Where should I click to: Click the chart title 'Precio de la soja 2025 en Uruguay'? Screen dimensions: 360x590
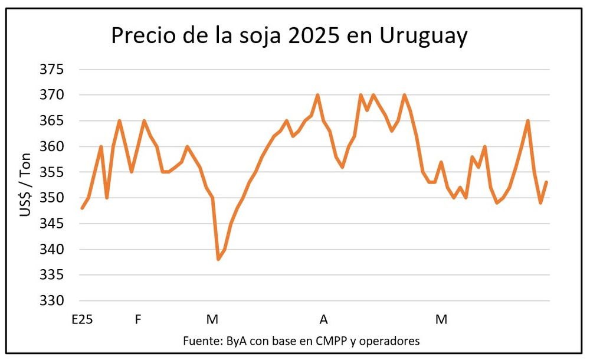pos(289,36)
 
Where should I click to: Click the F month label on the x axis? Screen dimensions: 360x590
pos(138,320)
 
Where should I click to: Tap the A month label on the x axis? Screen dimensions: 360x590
pos(323,320)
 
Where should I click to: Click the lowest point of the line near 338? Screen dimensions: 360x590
pos(218,259)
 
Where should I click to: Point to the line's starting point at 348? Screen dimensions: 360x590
pos(82,208)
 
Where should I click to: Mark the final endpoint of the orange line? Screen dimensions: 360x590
pos(547,182)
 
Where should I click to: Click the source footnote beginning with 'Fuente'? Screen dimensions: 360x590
pos(301,341)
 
